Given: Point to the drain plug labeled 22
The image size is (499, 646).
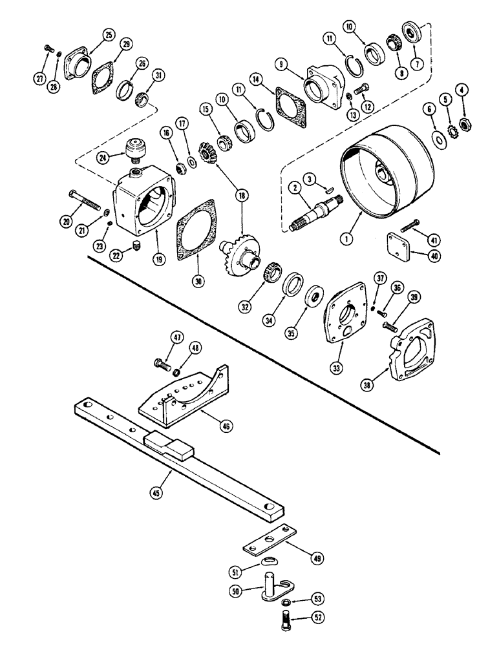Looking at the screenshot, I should tap(136, 245).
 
